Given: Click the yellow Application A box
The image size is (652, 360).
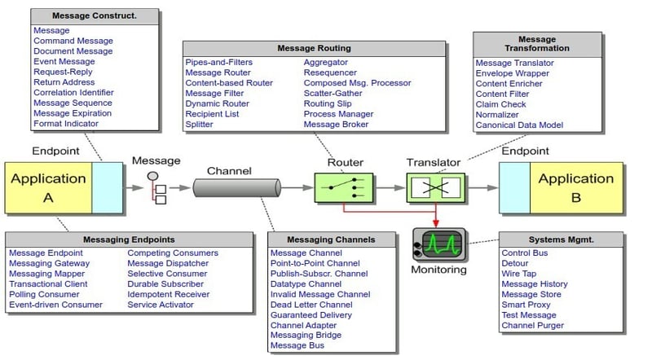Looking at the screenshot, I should click(x=49, y=187).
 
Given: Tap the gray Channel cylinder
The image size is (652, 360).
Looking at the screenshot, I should click(x=236, y=188).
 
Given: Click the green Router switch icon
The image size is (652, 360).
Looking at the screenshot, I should click(x=344, y=187).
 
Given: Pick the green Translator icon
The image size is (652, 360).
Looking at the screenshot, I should click(x=435, y=187).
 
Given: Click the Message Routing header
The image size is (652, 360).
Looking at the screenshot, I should click(x=315, y=49).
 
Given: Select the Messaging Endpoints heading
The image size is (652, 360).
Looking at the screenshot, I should click(x=129, y=239).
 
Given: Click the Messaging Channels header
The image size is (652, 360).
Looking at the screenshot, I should click(x=332, y=239).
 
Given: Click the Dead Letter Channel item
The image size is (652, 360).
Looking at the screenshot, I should click(x=311, y=305).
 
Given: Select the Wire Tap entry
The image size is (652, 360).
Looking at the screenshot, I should click(x=520, y=274).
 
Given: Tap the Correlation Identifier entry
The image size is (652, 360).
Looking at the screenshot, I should click(x=73, y=93).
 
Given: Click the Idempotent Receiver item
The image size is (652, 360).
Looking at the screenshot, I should click(x=168, y=294).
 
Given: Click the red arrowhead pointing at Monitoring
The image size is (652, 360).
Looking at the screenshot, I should click(x=436, y=222).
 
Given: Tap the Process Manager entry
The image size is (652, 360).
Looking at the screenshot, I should click(x=338, y=114).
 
